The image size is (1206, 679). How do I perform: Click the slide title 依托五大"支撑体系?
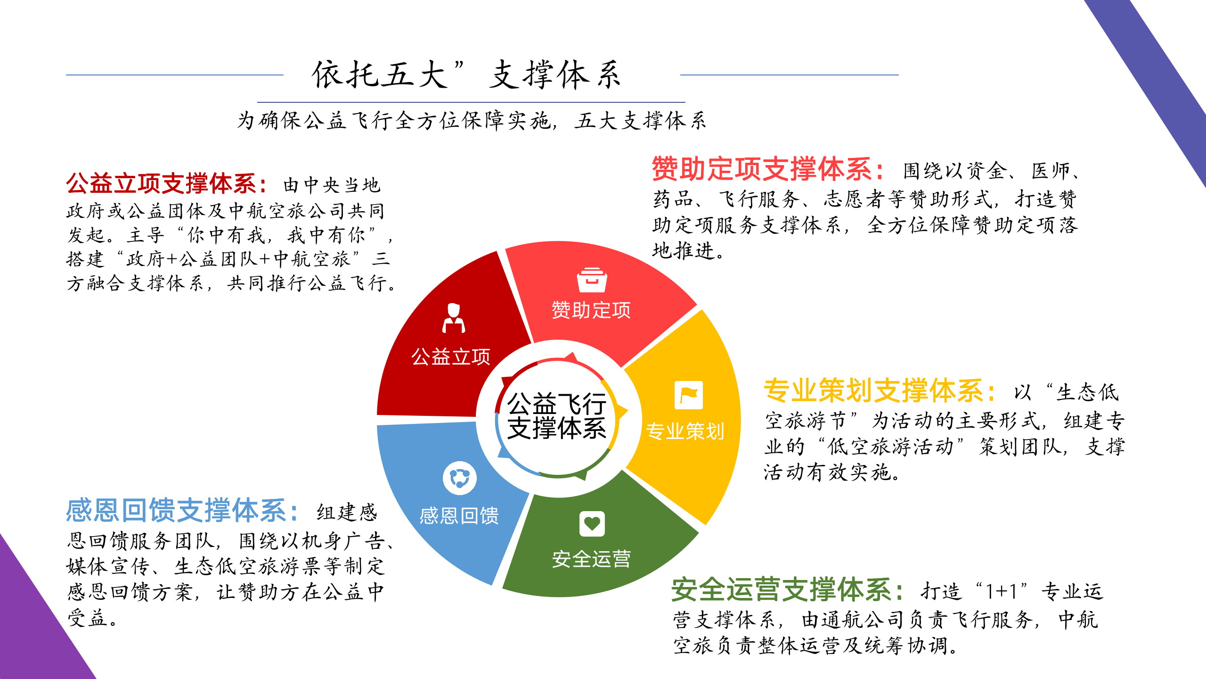(x=466, y=75)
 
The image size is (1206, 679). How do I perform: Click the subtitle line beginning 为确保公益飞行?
(x=471, y=121)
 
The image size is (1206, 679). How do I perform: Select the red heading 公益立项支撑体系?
(x=161, y=183)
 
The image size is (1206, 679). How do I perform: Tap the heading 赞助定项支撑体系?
(x=762, y=169)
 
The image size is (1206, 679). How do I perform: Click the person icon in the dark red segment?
(x=454, y=318)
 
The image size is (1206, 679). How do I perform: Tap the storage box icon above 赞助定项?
(x=592, y=280)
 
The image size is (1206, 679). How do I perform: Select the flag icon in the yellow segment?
(x=689, y=395)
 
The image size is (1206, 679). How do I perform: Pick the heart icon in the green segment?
(x=592, y=524)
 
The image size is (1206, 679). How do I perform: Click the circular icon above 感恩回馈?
(x=460, y=478)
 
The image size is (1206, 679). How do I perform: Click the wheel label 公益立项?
(x=451, y=357)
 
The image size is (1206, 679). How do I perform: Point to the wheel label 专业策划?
(x=684, y=431)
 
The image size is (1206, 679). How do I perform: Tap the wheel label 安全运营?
(x=591, y=559)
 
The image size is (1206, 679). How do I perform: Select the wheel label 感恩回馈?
(x=459, y=515)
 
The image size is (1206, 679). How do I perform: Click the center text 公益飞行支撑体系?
(x=557, y=416)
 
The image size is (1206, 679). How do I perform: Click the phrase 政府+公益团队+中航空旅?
(x=238, y=259)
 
